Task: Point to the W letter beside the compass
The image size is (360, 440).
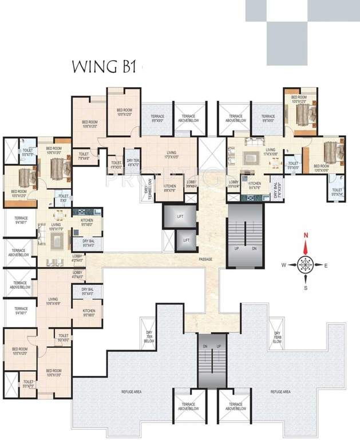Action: (x=283, y=265)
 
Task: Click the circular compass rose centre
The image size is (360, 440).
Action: (x=306, y=265)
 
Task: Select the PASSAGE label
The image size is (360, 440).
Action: (x=206, y=260)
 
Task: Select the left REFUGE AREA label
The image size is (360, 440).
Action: (x=131, y=392)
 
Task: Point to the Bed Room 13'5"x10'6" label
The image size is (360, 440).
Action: (x=325, y=168)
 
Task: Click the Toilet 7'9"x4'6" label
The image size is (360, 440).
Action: (x=84, y=155)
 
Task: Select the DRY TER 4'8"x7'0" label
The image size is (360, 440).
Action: (x=133, y=163)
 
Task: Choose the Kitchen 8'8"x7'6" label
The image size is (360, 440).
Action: (x=170, y=188)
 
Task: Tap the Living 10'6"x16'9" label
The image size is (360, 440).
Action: (x=53, y=301)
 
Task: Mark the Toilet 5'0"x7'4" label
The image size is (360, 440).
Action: (x=337, y=192)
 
